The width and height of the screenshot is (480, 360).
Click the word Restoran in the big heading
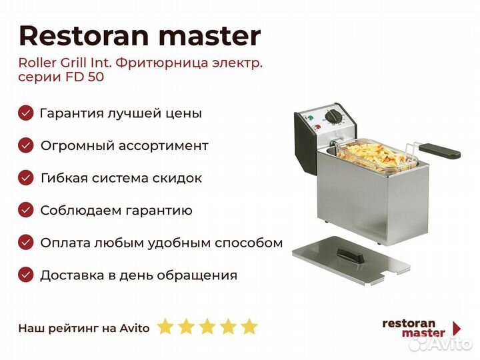pos(84,36)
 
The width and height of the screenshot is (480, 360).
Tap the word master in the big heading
pos(210,37)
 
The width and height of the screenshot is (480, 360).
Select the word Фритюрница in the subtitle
pos(161,63)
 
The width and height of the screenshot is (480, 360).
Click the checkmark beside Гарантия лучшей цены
pos(26,113)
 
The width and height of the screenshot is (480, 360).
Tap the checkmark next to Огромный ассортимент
pos(26,145)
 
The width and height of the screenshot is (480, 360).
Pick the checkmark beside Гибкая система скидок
pos(26,177)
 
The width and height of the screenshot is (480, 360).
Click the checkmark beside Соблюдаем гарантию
pos(26,210)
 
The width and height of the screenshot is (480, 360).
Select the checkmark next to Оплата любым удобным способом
pos(26,243)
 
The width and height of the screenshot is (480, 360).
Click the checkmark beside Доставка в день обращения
pos(26,275)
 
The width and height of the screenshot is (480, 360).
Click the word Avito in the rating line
pos(135,328)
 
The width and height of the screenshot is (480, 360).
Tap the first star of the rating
pos(165,326)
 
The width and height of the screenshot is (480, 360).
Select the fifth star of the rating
pos(249,326)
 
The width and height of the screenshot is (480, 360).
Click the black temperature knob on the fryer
pos(331,117)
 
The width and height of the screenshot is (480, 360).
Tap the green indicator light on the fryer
pos(310,117)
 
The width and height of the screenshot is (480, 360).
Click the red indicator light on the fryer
pos(317,128)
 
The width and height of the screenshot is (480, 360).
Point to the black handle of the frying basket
pos(439,151)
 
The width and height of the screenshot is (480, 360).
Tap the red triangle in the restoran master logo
pos(457,328)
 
